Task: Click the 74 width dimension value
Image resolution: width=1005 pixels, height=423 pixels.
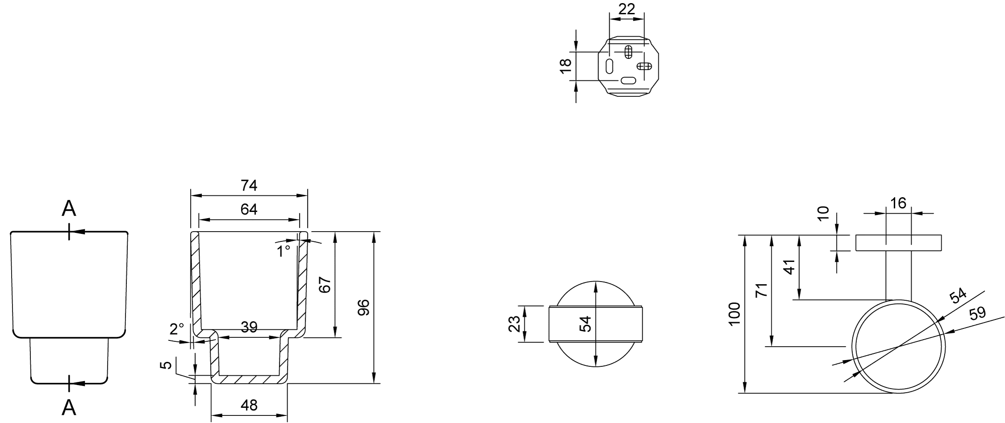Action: point(249,185)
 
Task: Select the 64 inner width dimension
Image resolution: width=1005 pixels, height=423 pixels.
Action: point(249,209)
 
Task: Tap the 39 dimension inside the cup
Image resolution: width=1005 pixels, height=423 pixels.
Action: point(249,327)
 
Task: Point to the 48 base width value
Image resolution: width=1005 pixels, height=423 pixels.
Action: point(249,405)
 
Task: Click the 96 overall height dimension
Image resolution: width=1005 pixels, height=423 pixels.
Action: point(364,307)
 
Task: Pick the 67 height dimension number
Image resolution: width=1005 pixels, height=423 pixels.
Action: point(325,285)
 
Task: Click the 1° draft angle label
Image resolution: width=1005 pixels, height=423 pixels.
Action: point(284,252)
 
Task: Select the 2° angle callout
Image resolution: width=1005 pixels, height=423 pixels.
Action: point(177,329)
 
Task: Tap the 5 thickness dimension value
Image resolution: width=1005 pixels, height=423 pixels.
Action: point(166,365)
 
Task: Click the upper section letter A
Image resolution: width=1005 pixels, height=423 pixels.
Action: point(69,208)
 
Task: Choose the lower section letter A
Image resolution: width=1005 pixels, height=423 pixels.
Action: point(69,407)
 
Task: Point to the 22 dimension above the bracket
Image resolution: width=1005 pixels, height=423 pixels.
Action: point(626,9)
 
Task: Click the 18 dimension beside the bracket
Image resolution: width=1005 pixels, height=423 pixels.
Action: point(565,66)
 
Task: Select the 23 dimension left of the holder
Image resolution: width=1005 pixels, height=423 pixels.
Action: point(515,324)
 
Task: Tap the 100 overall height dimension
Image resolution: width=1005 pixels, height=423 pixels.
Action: point(734,314)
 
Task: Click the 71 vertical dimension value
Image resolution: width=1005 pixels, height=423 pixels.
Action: point(761,290)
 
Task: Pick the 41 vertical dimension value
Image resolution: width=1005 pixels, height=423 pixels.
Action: point(790,267)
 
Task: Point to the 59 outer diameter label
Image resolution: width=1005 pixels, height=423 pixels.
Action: point(977,313)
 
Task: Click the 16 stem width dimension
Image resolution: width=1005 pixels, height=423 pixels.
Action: point(898,203)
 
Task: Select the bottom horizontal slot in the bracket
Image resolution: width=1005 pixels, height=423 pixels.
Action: point(628,81)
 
